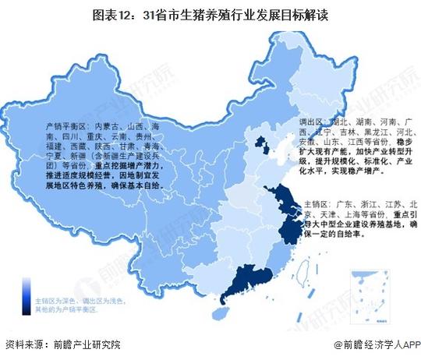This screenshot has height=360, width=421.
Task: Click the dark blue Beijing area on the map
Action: [261, 143]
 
